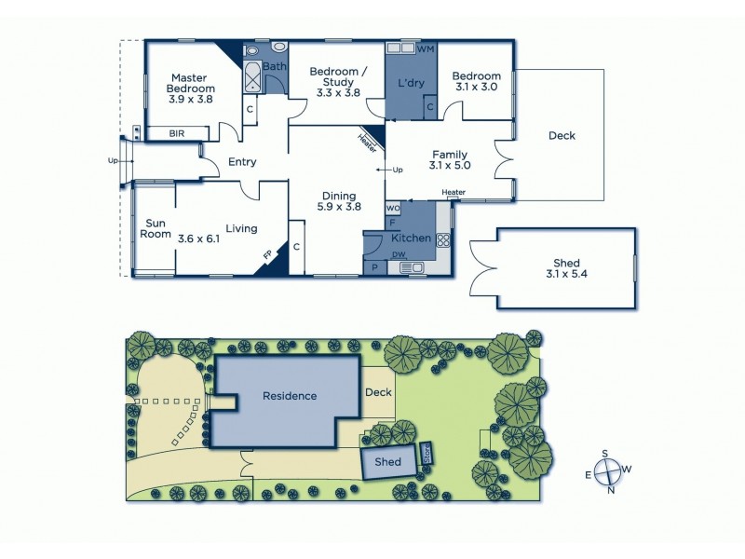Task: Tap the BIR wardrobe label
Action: coord(177,134)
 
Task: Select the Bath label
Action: coord(274,67)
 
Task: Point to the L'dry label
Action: coord(411,84)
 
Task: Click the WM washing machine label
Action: coord(426,48)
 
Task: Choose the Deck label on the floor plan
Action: coord(562,136)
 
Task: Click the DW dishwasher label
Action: coord(399,255)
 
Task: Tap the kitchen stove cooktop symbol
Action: coord(443,239)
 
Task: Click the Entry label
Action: coord(242,162)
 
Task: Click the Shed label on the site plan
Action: coord(387,461)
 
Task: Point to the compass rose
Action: coord(607,470)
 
